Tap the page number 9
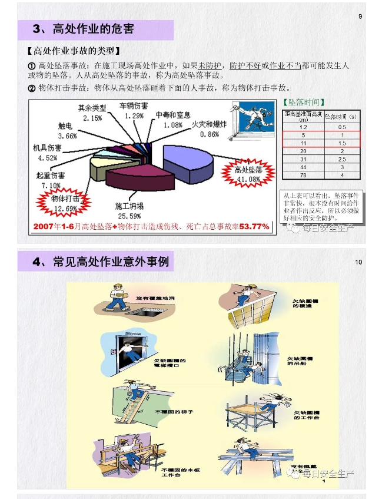coord(360,16)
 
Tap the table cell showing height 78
coord(303,175)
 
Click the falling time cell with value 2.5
coord(341,159)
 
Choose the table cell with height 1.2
coord(303,127)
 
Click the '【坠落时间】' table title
coord(304,102)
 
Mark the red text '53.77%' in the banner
coord(254,226)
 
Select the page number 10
coord(358,262)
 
